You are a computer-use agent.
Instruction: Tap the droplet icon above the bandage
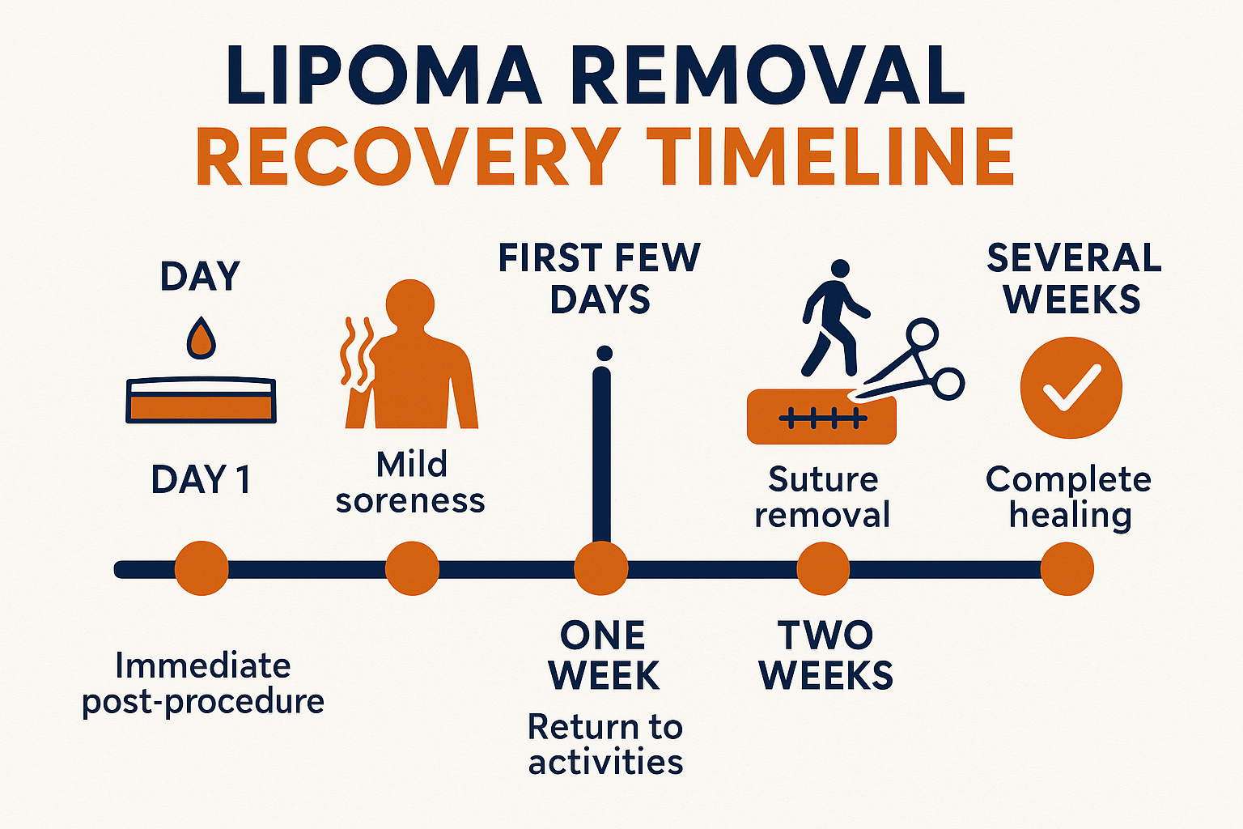pyautogui.click(x=202, y=338)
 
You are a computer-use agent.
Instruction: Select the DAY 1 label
pyautogui.click(x=202, y=479)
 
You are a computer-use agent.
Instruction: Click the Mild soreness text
pyautogui.click(x=410, y=483)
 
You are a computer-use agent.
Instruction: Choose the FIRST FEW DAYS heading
pyautogui.click(x=600, y=278)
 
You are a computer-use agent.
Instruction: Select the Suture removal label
pyautogui.click(x=822, y=497)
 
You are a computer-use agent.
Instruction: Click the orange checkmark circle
pyautogui.click(x=1071, y=388)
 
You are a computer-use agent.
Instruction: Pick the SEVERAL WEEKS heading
pyautogui.click(x=1073, y=278)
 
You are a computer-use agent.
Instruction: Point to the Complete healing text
pyautogui.click(x=1069, y=497)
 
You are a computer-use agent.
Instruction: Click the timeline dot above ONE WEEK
pyautogui.click(x=601, y=568)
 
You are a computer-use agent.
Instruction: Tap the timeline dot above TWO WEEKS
pyautogui.click(x=823, y=568)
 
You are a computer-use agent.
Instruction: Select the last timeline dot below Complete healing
pyautogui.click(x=1067, y=568)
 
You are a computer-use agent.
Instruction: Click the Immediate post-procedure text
pyautogui.click(x=203, y=682)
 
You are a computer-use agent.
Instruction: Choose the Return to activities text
pyautogui.click(x=605, y=744)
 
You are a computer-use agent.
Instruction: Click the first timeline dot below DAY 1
pyautogui.click(x=202, y=568)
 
